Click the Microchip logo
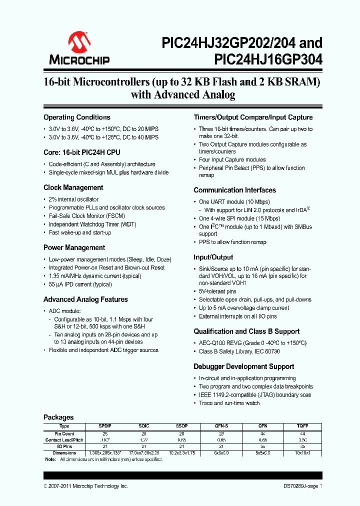[79, 49]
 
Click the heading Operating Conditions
[77, 117]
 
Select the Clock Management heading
[73, 188]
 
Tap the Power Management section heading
[74, 248]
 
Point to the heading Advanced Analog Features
[85, 300]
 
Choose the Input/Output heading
[213, 257]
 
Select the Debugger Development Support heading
[243, 367]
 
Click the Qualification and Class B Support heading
[246, 331]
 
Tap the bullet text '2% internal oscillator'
[74, 199]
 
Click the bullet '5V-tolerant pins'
[217, 291]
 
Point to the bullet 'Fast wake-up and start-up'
[80, 233]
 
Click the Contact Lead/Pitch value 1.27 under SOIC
[144, 439]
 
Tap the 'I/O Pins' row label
[64, 446]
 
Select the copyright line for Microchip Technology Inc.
[85, 486]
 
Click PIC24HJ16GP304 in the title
[268, 60]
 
